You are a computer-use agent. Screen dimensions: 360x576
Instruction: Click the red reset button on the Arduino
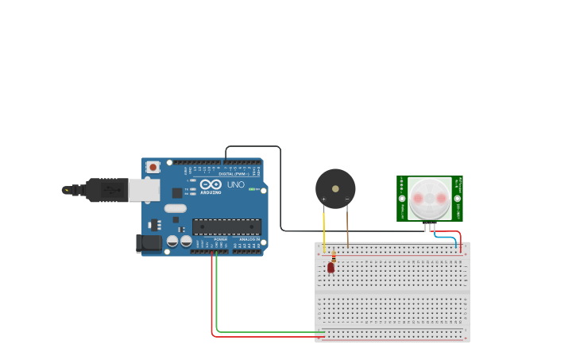153,167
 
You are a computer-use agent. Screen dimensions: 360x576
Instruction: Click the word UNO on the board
236,184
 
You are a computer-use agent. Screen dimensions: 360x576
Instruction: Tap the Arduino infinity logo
211,184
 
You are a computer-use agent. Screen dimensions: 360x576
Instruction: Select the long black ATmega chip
226,226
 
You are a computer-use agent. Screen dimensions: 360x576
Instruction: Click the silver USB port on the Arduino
143,189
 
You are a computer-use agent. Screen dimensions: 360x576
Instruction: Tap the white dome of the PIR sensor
430,198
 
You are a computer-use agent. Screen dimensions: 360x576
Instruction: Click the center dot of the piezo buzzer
335,189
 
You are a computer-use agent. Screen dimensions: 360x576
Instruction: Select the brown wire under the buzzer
347,226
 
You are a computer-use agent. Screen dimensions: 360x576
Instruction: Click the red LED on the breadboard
331,268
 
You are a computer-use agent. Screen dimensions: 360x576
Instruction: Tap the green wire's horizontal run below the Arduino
270,331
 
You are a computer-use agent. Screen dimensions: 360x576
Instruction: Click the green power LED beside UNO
252,189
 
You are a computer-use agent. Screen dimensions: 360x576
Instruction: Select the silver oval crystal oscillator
176,208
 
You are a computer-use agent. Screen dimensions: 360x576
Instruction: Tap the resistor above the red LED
334,257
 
